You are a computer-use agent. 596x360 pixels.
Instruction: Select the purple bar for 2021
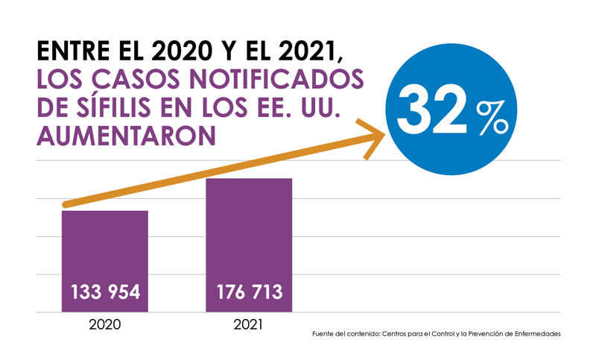click(x=249, y=231)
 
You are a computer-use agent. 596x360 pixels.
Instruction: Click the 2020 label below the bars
click(x=105, y=326)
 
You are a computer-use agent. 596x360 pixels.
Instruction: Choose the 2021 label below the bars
click(x=248, y=326)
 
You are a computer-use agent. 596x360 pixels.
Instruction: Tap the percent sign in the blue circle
click(x=492, y=118)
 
